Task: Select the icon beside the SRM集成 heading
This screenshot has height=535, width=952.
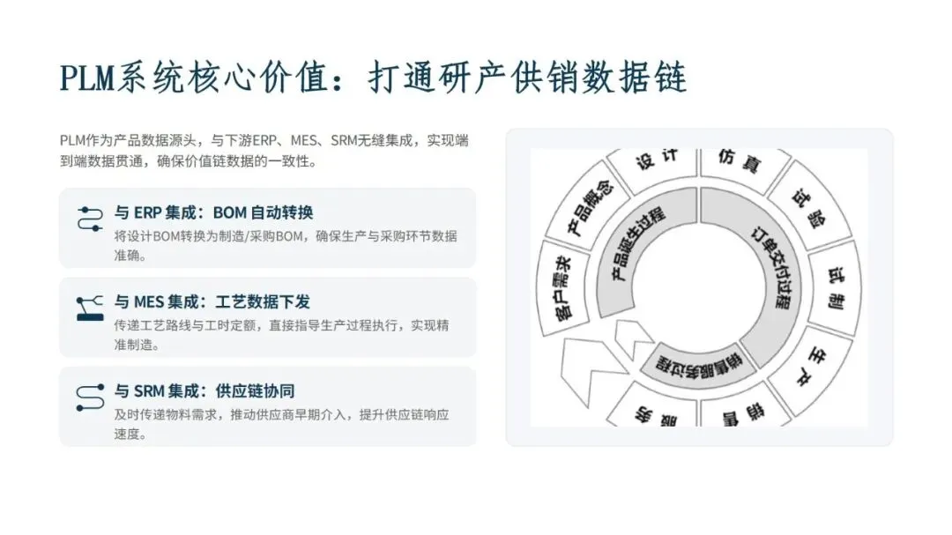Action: pyautogui.click(x=91, y=393)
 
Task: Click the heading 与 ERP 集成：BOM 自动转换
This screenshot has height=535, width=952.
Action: pyautogui.click(x=214, y=212)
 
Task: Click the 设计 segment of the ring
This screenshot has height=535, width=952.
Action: pyautogui.click(x=657, y=161)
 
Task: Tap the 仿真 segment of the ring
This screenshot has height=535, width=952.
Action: pyautogui.click(x=738, y=162)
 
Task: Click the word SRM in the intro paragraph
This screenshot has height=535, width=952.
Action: pyautogui.click(x=347, y=140)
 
